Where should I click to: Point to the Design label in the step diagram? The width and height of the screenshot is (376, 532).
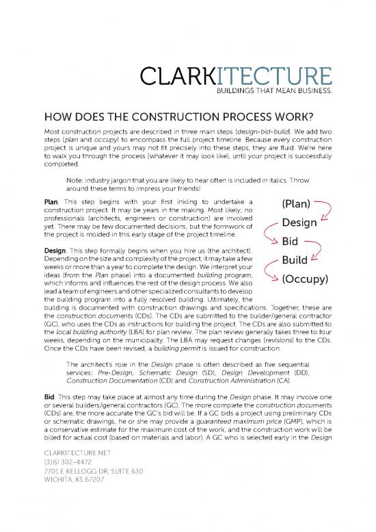299,223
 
